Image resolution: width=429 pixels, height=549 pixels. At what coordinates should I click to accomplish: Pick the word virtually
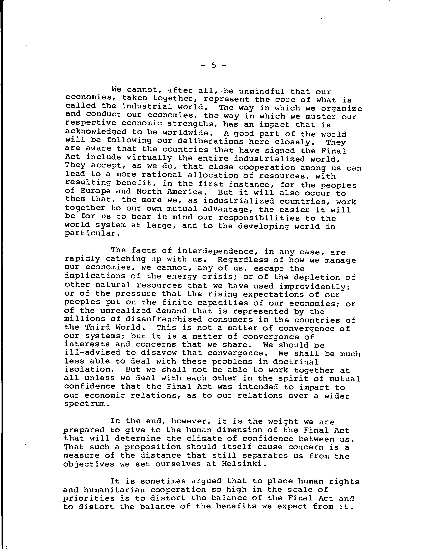[149, 158]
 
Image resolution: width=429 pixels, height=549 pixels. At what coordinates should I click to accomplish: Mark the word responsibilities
[259, 218]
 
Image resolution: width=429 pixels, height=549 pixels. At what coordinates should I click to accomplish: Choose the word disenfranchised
[164, 320]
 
